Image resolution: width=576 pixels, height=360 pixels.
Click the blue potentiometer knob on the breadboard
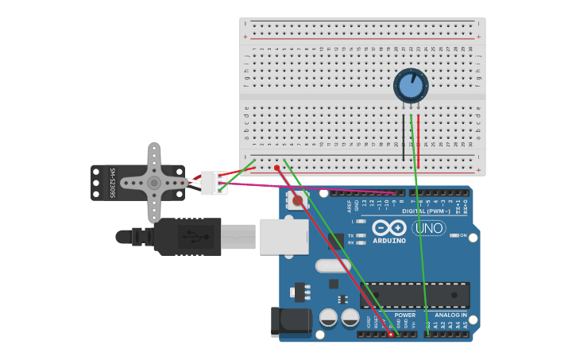click(x=411, y=85)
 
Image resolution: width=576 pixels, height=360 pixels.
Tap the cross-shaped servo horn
click(x=154, y=182)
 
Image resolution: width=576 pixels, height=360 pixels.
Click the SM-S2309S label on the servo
click(x=113, y=183)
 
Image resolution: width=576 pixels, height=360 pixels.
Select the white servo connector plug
click(x=213, y=183)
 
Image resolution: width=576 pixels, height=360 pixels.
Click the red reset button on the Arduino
click(x=298, y=200)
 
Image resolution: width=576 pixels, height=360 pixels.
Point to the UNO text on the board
click(x=428, y=227)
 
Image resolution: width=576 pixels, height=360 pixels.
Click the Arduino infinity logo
click(x=389, y=227)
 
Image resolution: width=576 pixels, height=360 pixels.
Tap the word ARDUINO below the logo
click(x=389, y=241)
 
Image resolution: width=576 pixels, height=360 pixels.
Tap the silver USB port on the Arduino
click(x=284, y=236)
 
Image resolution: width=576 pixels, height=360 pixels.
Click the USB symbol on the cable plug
click(x=190, y=236)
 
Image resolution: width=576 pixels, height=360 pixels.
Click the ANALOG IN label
click(x=450, y=315)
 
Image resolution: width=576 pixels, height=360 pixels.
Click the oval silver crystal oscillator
click(x=333, y=265)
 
